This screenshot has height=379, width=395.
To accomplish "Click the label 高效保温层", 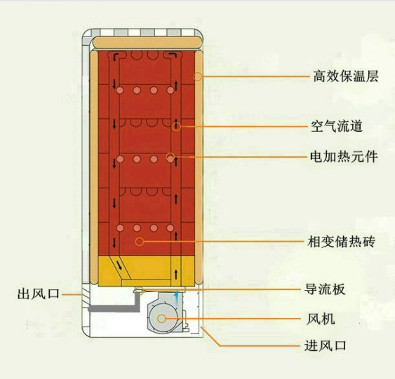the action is point(346,76).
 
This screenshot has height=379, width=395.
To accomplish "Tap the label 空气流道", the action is point(337,126).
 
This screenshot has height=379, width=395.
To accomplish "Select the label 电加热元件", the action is point(344,157).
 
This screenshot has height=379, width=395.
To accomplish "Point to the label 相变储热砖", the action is point(342,242).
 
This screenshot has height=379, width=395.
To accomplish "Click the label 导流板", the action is point(325,289).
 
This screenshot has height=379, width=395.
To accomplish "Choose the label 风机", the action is point(321,319).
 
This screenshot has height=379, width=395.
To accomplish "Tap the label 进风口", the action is point(326,345).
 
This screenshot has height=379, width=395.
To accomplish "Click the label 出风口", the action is point(39,294).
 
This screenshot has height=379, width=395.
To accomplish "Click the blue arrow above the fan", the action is point(177,298).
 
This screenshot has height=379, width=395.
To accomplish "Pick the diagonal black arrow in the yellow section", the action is point(119,266).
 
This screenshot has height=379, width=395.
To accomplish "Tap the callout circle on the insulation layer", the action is point(198,76).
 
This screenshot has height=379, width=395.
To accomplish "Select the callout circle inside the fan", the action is point(161,319).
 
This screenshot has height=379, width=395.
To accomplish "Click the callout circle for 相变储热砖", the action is point(140,242).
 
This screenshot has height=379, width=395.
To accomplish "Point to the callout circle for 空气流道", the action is point(177,127).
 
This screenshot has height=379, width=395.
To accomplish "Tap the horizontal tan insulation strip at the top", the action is point(148,42).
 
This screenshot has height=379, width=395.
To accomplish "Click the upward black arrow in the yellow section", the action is point(176,274).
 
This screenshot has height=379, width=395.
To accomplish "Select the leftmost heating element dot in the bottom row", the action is point(120,228).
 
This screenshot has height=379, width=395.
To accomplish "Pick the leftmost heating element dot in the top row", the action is point(120,90).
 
